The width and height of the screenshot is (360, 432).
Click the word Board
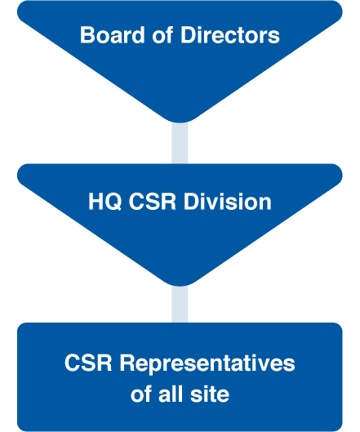point(112,35)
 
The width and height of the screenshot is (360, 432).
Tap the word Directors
point(230,35)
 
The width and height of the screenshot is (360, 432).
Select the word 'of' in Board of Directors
point(162,35)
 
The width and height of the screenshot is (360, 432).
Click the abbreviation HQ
point(105,202)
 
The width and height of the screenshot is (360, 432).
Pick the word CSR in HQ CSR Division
point(153,202)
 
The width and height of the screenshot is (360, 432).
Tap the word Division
point(228,202)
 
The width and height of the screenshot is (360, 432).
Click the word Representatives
point(207,363)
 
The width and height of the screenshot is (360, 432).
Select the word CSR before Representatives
point(88,363)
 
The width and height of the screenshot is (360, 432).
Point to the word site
point(210,394)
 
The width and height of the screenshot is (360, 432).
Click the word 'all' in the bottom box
point(171,394)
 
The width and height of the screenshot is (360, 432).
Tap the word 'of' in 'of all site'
point(140,394)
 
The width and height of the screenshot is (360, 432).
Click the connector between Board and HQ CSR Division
point(180,143)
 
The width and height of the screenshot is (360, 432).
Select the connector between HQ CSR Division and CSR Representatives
point(180,304)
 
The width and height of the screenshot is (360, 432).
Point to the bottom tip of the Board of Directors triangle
point(180,122)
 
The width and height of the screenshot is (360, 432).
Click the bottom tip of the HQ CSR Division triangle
point(180,286)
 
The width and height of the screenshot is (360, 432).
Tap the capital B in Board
point(87,35)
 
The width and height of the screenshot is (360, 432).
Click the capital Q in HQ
point(113,202)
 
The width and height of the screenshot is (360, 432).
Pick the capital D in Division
point(192,202)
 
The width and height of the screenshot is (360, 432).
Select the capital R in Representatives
point(127,363)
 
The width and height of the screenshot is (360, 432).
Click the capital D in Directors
point(188,35)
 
